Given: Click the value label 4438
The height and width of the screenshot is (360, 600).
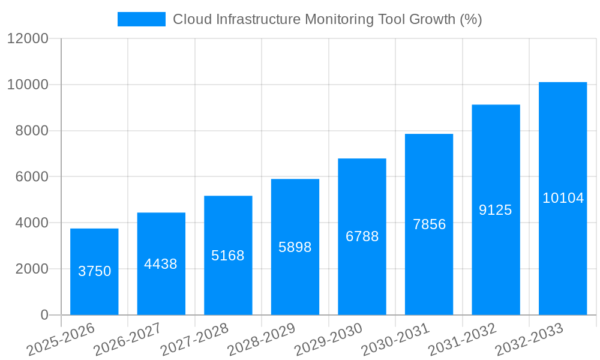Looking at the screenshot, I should [161, 264].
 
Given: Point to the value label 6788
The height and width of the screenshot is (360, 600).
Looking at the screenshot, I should [362, 236].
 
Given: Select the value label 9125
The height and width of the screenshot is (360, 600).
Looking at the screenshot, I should [496, 210].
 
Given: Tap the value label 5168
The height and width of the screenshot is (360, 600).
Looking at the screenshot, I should [228, 256].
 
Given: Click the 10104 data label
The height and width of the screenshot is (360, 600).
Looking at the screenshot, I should [563, 198].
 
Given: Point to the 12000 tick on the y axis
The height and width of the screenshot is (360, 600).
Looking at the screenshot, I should [28, 38].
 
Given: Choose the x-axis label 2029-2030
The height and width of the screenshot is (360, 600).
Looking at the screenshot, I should [329, 340].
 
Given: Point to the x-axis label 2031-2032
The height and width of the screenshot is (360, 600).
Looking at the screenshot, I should [463, 340].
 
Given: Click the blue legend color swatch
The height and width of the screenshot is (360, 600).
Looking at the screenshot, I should [142, 19].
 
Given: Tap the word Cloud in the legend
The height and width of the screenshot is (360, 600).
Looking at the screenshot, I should [190, 19].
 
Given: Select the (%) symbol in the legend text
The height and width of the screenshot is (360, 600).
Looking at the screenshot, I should [471, 19].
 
